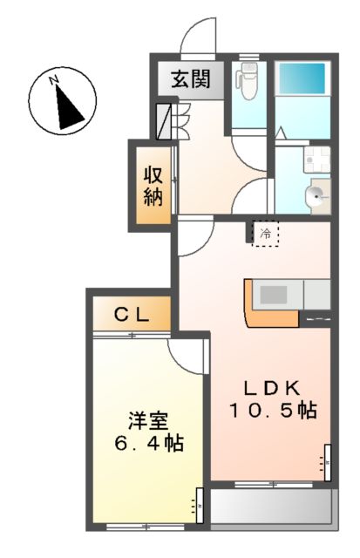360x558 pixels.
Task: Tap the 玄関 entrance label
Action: pyautogui.click(x=190, y=79)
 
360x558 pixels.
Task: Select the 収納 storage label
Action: pyautogui.click(x=153, y=184)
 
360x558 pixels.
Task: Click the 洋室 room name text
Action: pyautogui.click(x=146, y=420)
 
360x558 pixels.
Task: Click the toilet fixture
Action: pyautogui.click(x=249, y=85)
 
